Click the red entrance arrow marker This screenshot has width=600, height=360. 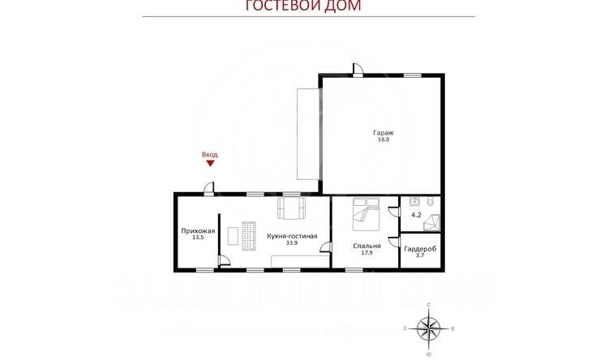[x=210, y=162]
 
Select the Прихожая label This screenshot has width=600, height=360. [x=198, y=231]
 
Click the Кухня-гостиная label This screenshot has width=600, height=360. [x=291, y=235]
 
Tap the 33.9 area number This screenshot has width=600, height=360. [x=290, y=242]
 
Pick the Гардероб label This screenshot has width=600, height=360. [x=420, y=249]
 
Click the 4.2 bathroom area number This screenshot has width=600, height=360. [x=417, y=216]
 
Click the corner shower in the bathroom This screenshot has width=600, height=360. [x=433, y=220]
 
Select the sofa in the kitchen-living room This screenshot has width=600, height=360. [x=291, y=209]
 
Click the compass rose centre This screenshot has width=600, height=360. [x=428, y=328]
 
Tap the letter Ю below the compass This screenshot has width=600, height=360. [x=428, y=354]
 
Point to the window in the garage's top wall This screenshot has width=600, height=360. [x=414, y=75]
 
